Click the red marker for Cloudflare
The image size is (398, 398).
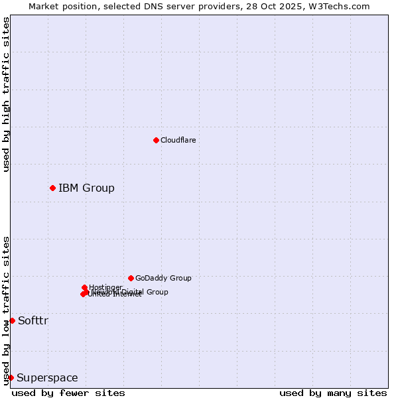pyautogui.click(x=156, y=140)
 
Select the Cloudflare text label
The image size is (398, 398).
pyautogui.click(x=178, y=140)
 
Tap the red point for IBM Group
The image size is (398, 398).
pyautogui.click(x=52, y=188)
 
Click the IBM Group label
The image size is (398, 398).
pyautogui.click(x=86, y=188)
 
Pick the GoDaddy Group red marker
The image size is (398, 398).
pyautogui.click(x=131, y=278)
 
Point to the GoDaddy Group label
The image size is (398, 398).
pyautogui.click(x=163, y=278)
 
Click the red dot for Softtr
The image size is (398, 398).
pyautogui.click(x=12, y=320)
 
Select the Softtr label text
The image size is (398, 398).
pyautogui.click(x=33, y=321)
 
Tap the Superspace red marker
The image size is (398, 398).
pyautogui.click(x=11, y=377)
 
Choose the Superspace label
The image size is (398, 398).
pyautogui.click(x=47, y=378)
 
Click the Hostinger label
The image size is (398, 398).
pyautogui.click(x=105, y=287)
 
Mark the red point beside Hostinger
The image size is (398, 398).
pyautogui.click(x=84, y=287)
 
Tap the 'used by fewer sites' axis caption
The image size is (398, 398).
pyautogui.click(x=68, y=393)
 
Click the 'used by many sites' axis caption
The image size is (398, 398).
pyautogui.click(x=333, y=393)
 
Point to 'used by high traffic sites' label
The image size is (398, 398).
pyautogui.click(x=6, y=95)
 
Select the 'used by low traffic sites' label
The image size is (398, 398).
pyautogui.click(x=6, y=310)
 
